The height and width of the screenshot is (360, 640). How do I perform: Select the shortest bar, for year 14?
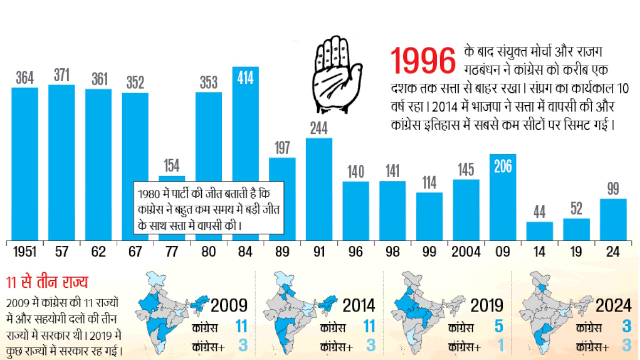click(x=540, y=231)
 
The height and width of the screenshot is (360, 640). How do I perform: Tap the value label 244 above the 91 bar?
click(x=319, y=129)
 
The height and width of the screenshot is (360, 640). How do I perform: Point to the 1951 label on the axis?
click(x=25, y=252)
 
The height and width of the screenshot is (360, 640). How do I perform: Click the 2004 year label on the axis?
click(x=466, y=252)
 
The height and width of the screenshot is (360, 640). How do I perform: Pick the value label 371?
click(x=61, y=76)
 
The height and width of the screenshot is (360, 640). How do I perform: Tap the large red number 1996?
click(x=424, y=61)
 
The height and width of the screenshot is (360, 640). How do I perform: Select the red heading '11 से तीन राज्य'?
click(x=47, y=283)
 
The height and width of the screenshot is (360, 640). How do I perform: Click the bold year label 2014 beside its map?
click(x=359, y=305)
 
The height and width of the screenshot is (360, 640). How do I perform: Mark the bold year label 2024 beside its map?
click(x=613, y=305)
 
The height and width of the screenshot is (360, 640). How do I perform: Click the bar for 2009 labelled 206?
click(x=503, y=197)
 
